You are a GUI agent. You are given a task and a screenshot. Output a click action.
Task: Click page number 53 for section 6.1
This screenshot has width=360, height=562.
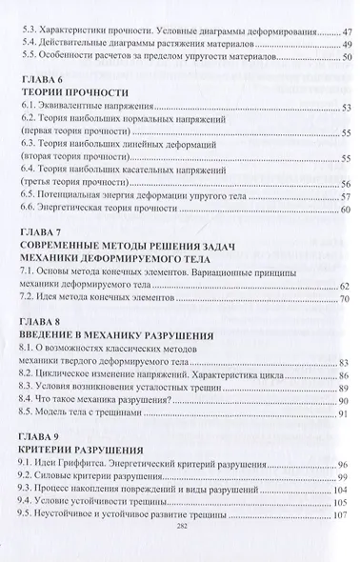(x=345, y=107)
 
